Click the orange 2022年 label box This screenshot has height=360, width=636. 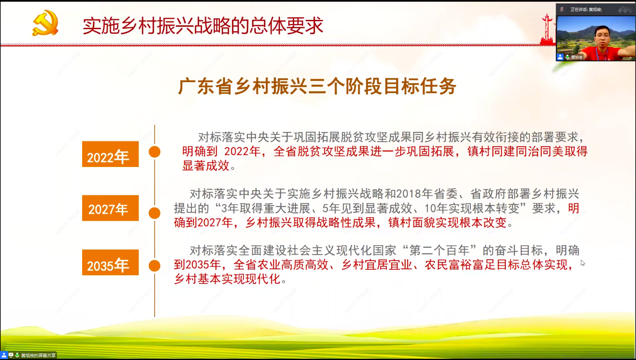[x=110, y=154]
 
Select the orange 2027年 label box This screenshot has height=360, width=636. [x=110, y=208]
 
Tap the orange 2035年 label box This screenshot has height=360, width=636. [x=110, y=262]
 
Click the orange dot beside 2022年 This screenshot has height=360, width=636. [x=155, y=152]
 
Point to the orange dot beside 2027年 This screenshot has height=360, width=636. [x=155, y=213]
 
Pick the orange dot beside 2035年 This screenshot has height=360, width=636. [x=155, y=266]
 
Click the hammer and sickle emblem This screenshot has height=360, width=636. [x=45, y=23]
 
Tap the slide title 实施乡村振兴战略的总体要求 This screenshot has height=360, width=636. [x=203, y=26]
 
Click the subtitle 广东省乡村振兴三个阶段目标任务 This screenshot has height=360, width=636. [x=317, y=86]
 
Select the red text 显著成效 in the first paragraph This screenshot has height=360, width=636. [x=206, y=166]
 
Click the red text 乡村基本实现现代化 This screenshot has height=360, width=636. [x=227, y=279]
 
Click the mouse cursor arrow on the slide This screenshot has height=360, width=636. [x=583, y=263]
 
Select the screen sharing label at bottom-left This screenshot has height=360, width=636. [x=38, y=355]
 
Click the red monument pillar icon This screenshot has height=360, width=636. [x=547, y=29]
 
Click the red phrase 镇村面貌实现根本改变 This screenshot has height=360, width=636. [x=447, y=223]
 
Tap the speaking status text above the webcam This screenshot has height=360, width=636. [x=586, y=9]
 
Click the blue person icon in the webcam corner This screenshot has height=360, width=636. [x=560, y=57]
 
